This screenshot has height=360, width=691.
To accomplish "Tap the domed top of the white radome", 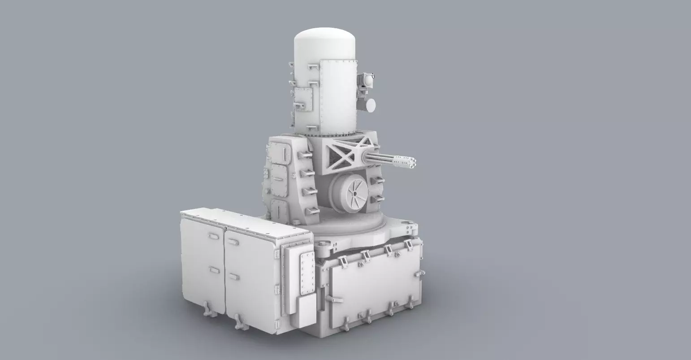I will point(325,38).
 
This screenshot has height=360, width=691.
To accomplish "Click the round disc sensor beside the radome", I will point(370,104).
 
